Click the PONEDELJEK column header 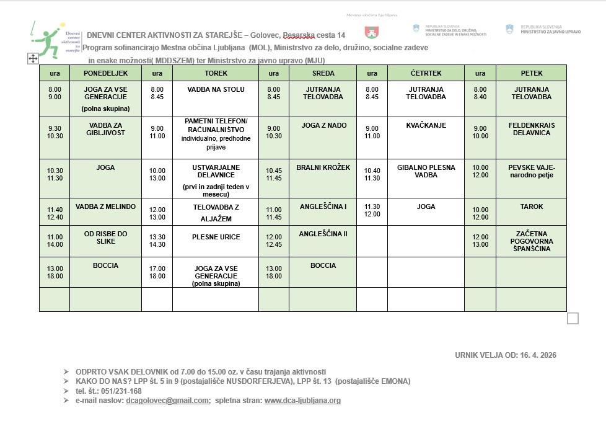coord(105,73)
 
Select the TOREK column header coord(215,73)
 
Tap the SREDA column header coord(323,73)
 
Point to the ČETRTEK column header coord(426,73)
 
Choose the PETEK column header coord(531,73)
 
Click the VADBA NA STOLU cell coord(216,89)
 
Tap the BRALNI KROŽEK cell coord(323,167)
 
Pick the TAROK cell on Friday coord(531,206)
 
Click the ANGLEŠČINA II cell coord(323,234)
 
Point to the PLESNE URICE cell coord(216,237)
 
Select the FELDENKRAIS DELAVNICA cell coord(531,129)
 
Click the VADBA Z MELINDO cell coord(105,206)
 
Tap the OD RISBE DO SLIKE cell coord(105,237)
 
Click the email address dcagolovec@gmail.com coord(167,401)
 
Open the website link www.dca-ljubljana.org coord(302,401)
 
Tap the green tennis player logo coord(47,38)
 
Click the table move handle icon coord(33,58)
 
